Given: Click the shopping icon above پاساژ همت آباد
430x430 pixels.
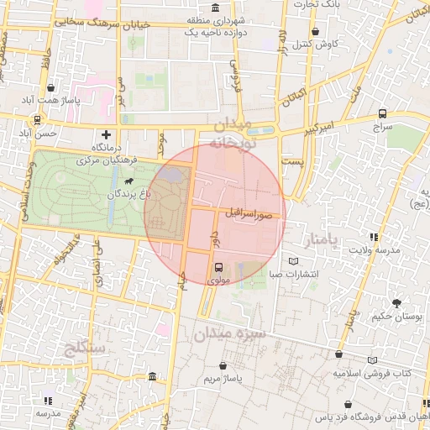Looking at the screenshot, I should pos(52,87).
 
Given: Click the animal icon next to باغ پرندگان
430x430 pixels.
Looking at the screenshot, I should pos(128,181).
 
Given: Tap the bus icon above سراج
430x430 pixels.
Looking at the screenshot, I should pos(383,113).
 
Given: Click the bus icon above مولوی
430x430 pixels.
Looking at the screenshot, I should pos(219,270).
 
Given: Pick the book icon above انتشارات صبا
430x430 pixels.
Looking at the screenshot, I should pos(293,261).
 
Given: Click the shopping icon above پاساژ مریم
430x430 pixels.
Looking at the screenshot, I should pos(222,366).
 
